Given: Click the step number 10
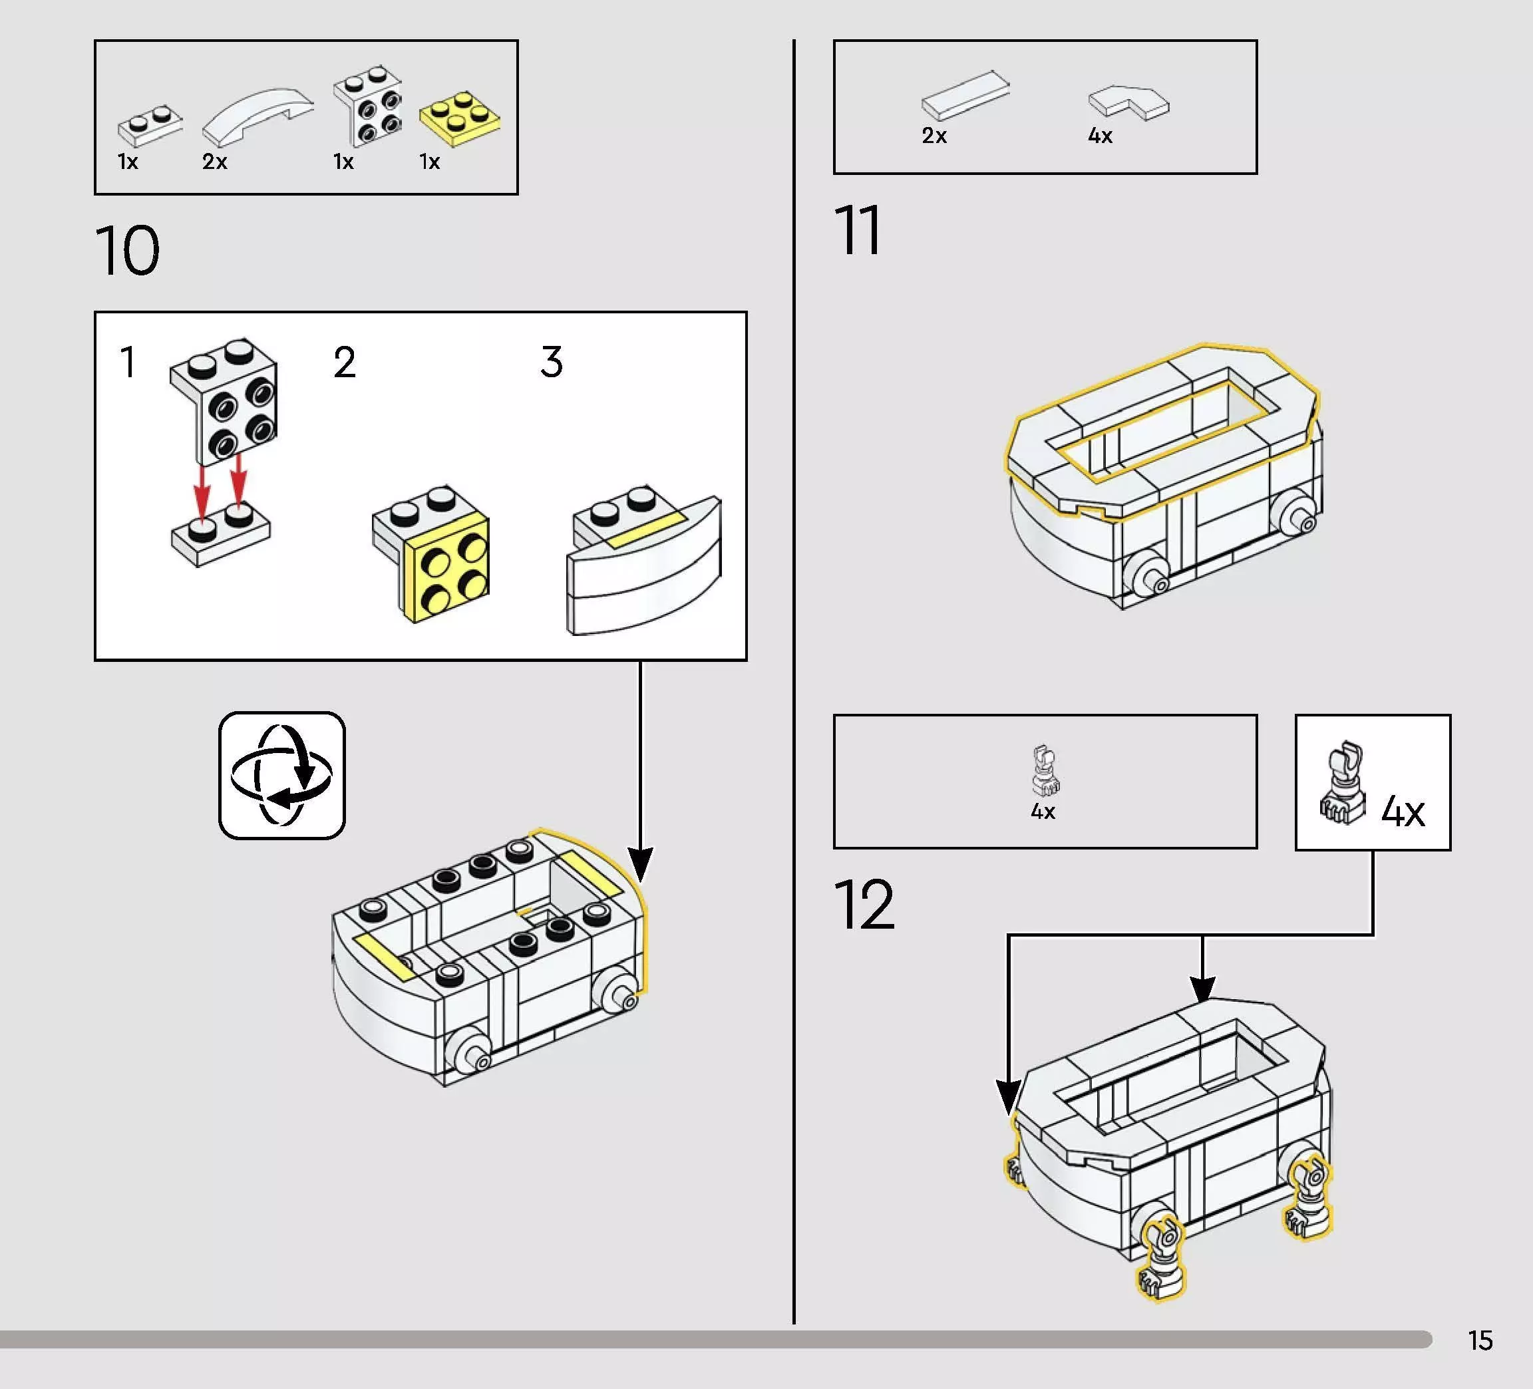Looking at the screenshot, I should (128, 251).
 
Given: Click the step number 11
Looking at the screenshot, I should (858, 230).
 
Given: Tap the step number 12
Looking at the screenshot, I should (864, 905).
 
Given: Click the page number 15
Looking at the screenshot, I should (1480, 1340).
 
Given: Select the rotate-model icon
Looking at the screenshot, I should (282, 776).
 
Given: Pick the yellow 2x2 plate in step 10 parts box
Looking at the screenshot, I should (460, 118).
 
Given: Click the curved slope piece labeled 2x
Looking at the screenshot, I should (257, 116).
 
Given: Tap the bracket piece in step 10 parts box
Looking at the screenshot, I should (368, 106).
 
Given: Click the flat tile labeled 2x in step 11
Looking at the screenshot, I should (965, 96).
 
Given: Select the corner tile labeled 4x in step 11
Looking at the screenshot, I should (1128, 102).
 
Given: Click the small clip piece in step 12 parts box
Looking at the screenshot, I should (1045, 770).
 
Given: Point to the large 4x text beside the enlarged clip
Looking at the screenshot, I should (1403, 812).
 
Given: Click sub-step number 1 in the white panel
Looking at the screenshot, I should (128, 362).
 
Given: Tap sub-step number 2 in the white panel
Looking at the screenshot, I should (345, 362).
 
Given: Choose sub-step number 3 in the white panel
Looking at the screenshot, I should (552, 362).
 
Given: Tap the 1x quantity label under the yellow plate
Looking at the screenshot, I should (430, 162).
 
